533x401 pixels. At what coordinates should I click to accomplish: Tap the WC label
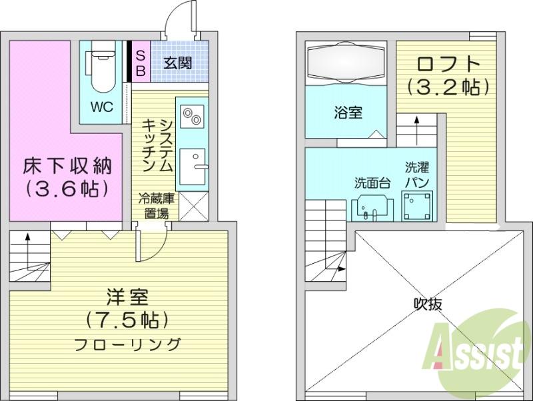point(102,107)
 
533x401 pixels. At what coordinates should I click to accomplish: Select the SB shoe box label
point(141,62)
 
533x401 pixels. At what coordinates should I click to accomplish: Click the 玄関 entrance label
point(179,63)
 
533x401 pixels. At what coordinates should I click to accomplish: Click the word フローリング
point(127,344)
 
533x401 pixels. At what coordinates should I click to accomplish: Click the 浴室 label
point(348,113)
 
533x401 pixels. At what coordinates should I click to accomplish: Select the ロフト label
point(448,65)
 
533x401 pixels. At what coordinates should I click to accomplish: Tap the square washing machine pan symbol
point(418,204)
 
